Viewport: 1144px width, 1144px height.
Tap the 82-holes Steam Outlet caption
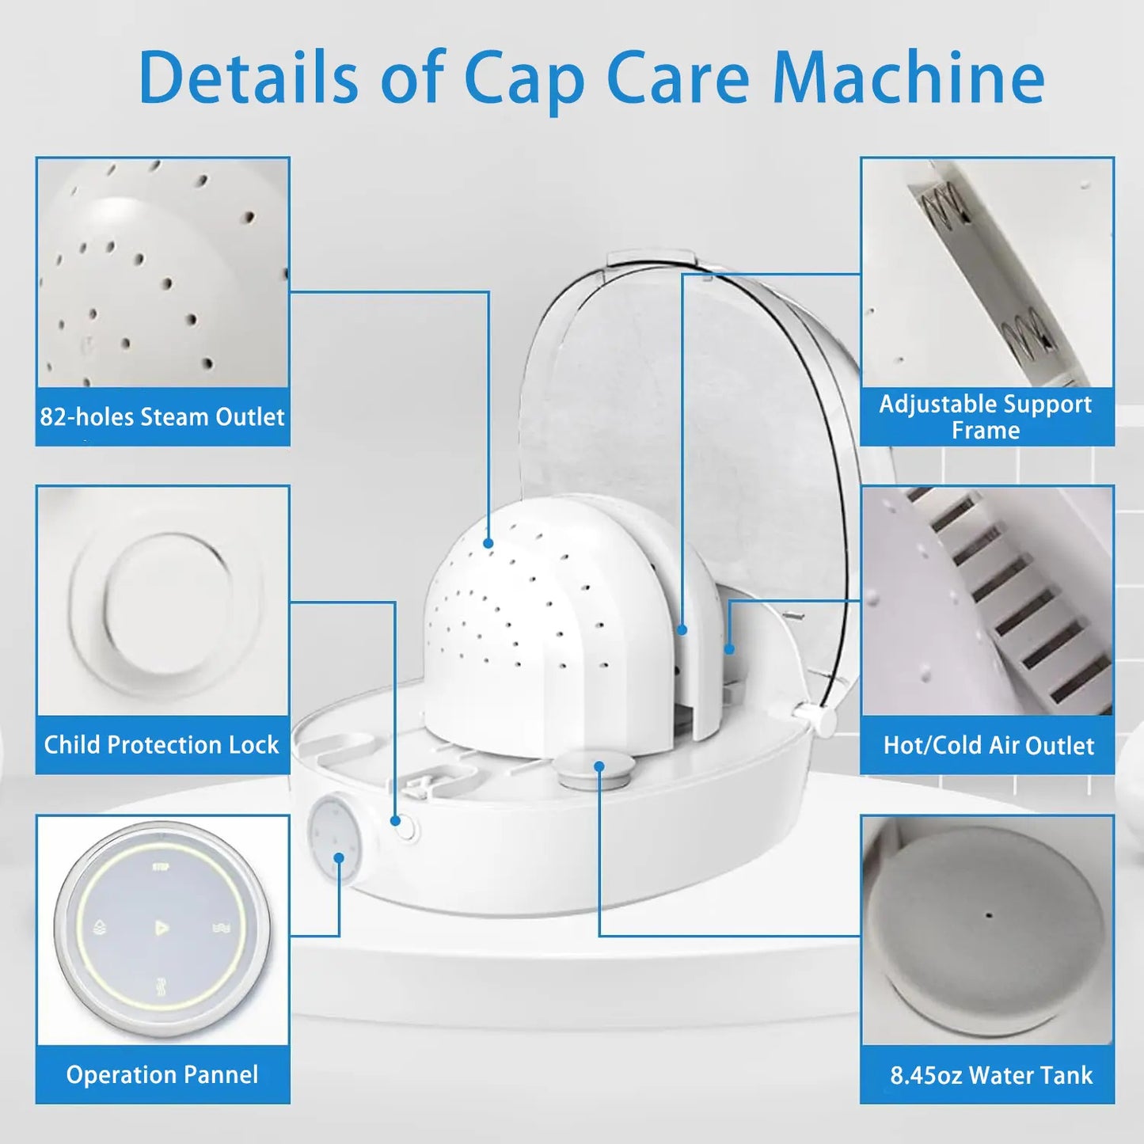pos(162,416)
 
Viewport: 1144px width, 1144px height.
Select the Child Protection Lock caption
pos(162,744)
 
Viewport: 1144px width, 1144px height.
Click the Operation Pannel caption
pos(162,1074)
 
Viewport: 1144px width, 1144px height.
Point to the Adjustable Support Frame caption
pos(986,416)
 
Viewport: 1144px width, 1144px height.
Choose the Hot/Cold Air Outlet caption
pos(989,745)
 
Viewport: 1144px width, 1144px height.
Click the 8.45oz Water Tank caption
pos(991,1075)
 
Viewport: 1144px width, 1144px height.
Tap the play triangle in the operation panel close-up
pos(161,927)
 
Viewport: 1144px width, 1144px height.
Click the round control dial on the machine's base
pos(334,838)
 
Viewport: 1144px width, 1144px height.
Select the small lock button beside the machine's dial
pos(405,827)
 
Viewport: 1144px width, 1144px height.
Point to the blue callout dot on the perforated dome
pos(488,542)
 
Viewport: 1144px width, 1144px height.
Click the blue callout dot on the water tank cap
pos(599,766)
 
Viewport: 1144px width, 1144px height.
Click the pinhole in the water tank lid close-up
pos(988,931)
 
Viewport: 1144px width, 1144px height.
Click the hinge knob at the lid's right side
pos(822,719)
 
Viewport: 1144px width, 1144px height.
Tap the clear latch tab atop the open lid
pos(651,262)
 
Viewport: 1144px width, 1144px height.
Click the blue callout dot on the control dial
pos(339,858)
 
